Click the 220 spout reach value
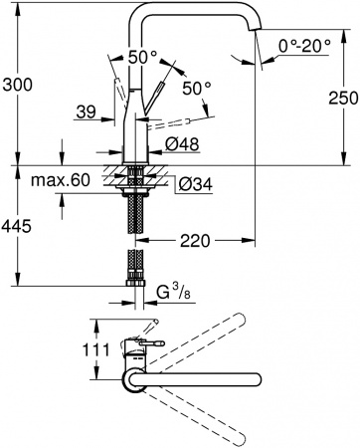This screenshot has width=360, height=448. (195, 240)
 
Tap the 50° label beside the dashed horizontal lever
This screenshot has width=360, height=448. (197, 90)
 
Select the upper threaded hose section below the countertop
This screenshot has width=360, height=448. (134, 214)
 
